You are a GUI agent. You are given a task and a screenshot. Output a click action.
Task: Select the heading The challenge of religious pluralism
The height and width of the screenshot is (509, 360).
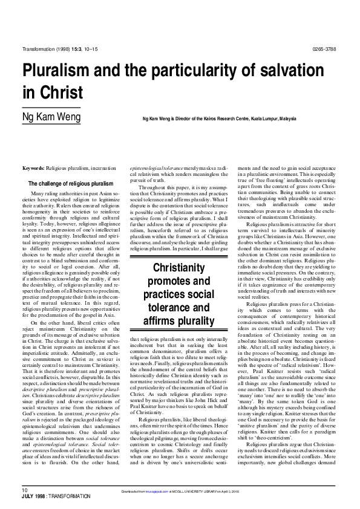coord(71,183)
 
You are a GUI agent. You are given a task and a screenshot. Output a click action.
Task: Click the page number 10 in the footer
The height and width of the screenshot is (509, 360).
coord(25,488)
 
